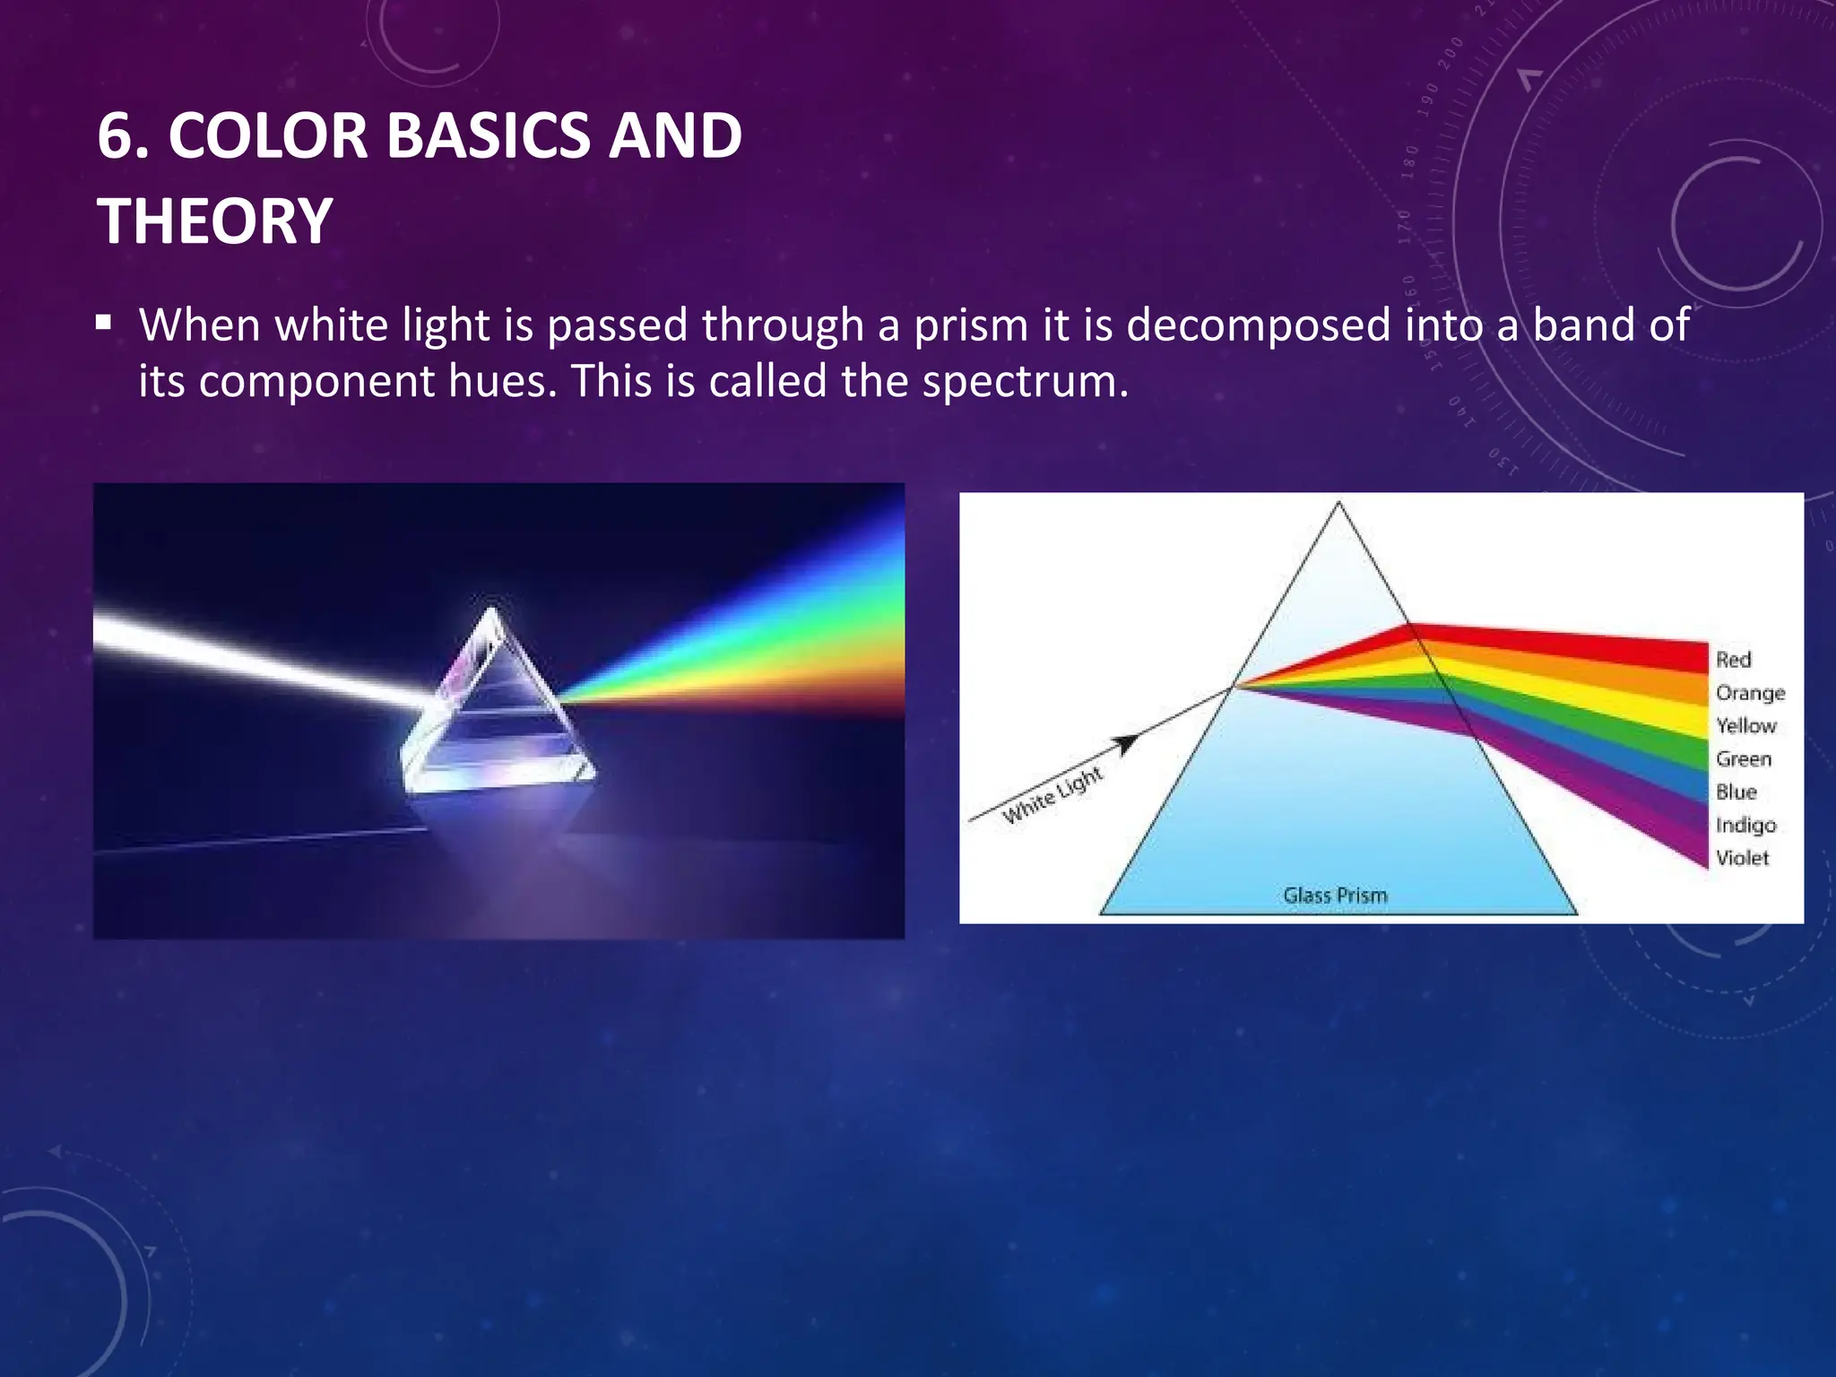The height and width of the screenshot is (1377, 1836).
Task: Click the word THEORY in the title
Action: click(215, 221)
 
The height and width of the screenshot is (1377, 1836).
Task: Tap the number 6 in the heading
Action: click(116, 137)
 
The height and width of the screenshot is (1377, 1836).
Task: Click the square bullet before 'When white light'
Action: click(104, 322)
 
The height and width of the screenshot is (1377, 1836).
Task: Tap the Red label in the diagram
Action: click(1733, 660)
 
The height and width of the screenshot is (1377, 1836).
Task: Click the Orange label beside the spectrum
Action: click(1750, 693)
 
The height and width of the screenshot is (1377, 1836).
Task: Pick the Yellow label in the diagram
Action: click(1745, 725)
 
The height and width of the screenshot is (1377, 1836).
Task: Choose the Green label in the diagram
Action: click(1744, 759)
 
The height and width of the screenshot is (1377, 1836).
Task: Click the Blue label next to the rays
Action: click(1736, 792)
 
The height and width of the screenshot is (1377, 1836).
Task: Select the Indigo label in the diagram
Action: click(1745, 826)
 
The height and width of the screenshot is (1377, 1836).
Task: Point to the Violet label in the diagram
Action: click(1742, 858)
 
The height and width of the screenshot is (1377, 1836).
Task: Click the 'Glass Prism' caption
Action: click(1335, 895)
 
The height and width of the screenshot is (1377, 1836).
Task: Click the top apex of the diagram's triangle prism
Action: click(1338, 504)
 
